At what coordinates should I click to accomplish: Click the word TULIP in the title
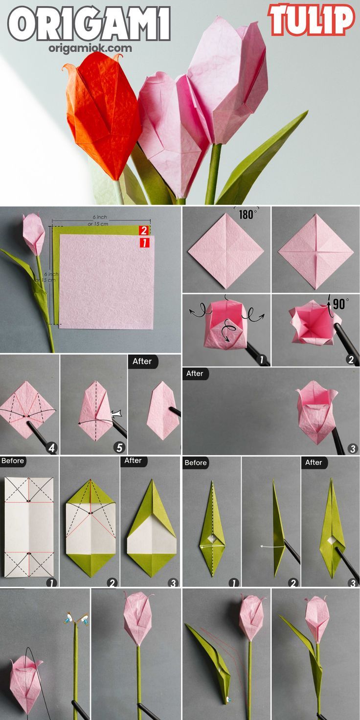tap(312, 20)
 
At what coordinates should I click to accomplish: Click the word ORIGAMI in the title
tap(89, 24)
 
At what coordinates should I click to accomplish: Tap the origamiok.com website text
tap(90, 48)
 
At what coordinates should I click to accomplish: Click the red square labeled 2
tap(144, 230)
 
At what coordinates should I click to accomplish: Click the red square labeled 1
tap(144, 243)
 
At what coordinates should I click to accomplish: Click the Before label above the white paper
tap(13, 461)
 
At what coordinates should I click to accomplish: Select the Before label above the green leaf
tap(196, 463)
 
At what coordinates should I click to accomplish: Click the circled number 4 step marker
tap(52, 448)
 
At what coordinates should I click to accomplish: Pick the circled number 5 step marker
tap(119, 448)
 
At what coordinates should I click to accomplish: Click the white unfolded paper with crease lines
tap(29, 527)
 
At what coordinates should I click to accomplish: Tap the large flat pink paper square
tap(107, 282)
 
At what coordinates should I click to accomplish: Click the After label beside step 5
tap(142, 361)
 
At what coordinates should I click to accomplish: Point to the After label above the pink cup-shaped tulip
tap(195, 374)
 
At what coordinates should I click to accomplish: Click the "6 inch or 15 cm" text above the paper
tap(98, 221)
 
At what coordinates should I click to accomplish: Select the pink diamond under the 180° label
tap(226, 251)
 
